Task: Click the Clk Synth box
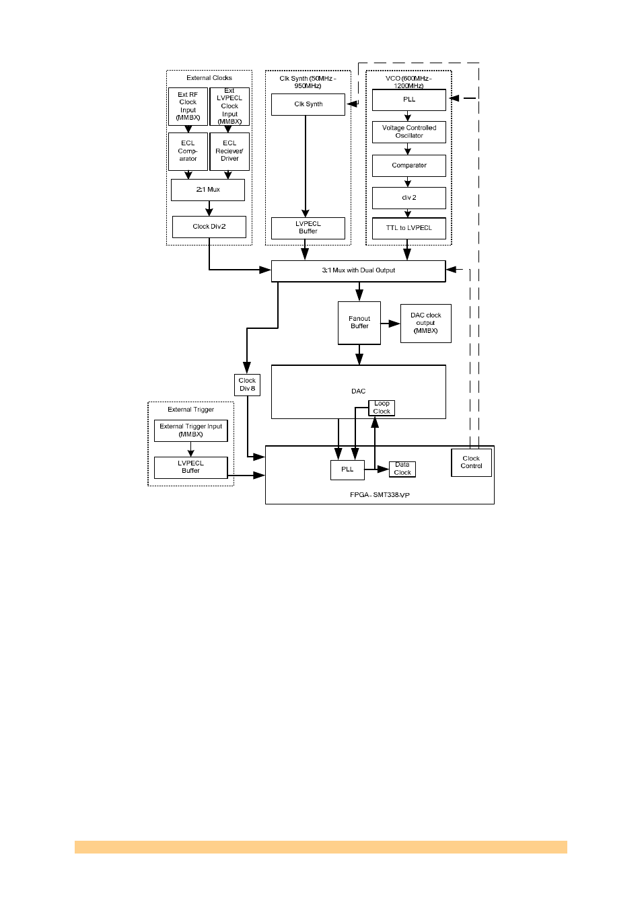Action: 308,104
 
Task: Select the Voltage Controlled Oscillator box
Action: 409,132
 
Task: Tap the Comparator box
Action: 409,165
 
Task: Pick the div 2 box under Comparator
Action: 409,198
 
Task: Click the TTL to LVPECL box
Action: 409,228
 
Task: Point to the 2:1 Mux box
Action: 208,190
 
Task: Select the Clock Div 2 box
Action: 209,227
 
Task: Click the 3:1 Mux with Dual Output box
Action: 358,270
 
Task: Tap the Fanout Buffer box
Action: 359,323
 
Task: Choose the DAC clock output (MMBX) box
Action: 426,324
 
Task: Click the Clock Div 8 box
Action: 247,385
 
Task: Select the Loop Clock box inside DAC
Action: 382,408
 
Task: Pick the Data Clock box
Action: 402,469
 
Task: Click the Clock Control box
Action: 471,463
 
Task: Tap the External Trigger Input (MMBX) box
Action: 191,430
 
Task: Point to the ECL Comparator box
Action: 188,151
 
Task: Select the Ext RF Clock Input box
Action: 188,106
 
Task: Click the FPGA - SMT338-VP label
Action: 380,495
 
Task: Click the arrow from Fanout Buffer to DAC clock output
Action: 391,324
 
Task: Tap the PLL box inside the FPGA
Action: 347,469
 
